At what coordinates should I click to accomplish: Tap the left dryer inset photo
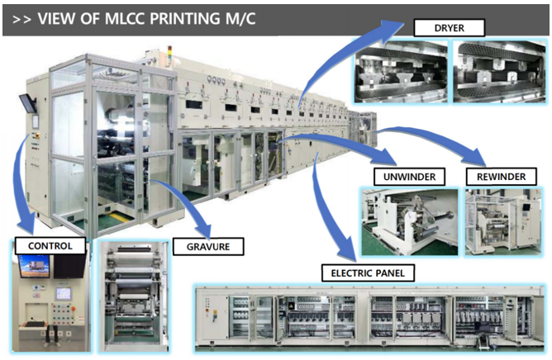pos(400,73)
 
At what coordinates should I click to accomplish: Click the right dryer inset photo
pos(497,73)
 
